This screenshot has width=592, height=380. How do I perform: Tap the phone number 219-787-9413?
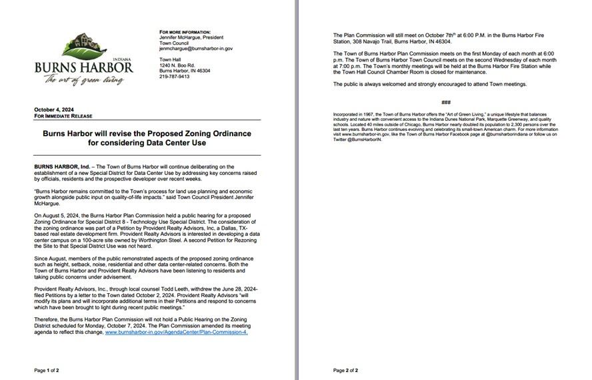(x=174, y=77)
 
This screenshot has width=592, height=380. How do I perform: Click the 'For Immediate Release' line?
(x=63, y=116)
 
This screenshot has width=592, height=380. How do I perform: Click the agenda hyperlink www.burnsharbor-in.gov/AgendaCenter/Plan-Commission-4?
(x=177, y=332)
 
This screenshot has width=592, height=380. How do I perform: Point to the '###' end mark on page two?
(x=446, y=102)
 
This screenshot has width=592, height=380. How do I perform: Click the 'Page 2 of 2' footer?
(x=345, y=370)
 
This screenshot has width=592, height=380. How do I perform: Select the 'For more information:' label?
(x=185, y=32)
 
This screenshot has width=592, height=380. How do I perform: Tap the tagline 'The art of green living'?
(x=84, y=80)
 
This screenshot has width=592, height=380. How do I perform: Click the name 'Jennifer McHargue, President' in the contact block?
(x=191, y=37)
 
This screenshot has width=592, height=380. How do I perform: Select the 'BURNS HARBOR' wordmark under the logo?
(x=84, y=68)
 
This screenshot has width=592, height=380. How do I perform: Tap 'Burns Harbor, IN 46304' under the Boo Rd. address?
(x=185, y=71)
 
